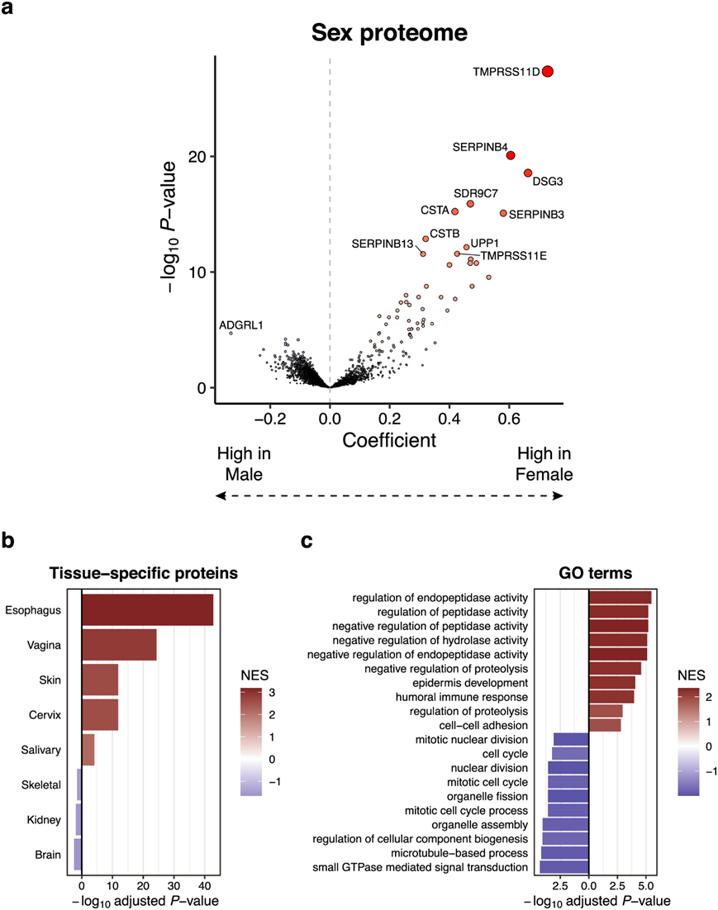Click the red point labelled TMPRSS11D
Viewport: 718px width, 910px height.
coord(547,72)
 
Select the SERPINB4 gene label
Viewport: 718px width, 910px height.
coord(480,146)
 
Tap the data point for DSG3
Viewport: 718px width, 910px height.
coord(528,173)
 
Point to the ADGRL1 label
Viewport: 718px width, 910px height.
coord(240,326)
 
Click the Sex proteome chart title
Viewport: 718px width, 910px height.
coord(389,34)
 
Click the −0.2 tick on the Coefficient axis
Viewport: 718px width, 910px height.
coord(271,419)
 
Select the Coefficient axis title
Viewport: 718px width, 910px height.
coord(389,440)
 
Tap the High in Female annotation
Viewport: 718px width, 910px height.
coord(544,464)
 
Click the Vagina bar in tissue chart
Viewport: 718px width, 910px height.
coord(119,645)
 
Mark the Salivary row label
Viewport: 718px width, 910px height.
coord(40,749)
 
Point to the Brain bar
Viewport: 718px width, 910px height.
coord(78,855)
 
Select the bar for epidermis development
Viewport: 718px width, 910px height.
coord(611,683)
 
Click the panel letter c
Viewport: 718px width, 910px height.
coord(307,542)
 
